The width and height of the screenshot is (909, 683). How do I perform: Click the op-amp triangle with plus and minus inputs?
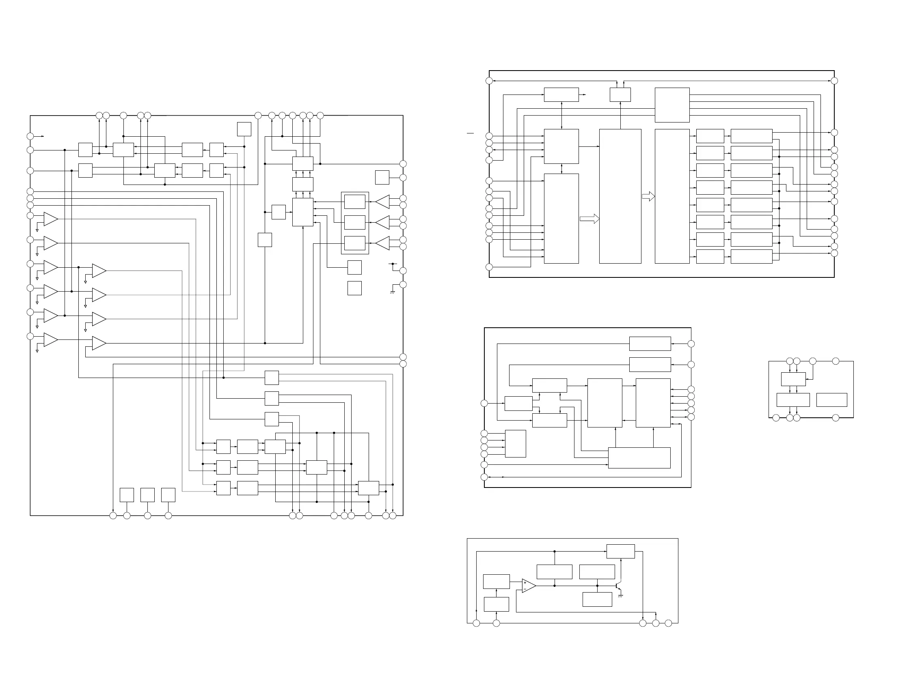coord(528,586)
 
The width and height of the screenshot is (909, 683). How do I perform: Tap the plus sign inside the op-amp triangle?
coord(525,583)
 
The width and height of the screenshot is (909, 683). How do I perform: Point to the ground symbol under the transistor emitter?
coord(620,596)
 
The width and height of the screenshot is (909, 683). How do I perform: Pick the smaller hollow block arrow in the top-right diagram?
coord(648,197)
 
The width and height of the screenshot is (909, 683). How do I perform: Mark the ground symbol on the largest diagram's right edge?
coord(393,292)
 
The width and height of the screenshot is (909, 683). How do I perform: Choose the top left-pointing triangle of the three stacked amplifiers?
coord(382,202)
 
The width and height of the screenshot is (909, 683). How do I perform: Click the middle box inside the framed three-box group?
coord(355,223)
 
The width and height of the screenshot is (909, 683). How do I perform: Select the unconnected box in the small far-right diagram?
coord(831,400)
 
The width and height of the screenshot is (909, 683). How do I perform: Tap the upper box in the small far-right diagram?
coord(793,379)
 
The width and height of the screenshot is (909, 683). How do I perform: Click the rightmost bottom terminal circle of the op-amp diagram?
coord(668,623)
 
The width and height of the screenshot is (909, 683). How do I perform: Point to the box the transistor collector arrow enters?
coord(620,551)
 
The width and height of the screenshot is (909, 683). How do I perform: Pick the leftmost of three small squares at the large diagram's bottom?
coord(127,495)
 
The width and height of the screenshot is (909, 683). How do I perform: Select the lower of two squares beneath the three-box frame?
coord(354,288)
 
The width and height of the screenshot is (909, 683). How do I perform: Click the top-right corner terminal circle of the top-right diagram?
coord(834,81)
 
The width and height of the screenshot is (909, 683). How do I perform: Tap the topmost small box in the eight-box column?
coord(710,136)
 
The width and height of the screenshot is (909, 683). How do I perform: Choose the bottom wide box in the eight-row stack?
coord(751,257)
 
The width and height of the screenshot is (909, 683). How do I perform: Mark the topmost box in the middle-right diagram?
coord(650,344)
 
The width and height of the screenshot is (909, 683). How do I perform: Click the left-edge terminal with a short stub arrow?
coord(30,136)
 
